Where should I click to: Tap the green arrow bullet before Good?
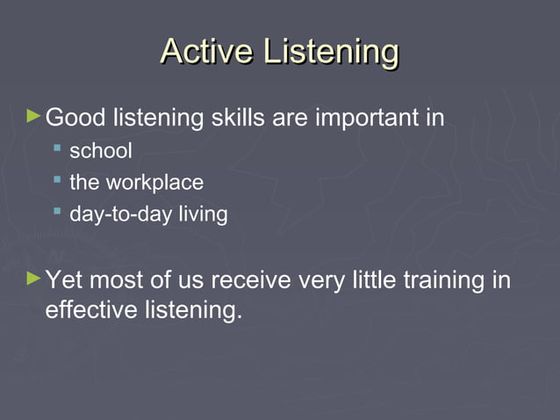[34, 115]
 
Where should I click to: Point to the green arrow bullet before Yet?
[34, 279]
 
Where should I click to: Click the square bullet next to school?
[57, 150]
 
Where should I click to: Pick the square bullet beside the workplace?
[57, 182]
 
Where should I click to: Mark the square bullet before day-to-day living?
[57, 213]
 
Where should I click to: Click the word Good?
[74, 117]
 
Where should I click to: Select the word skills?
[238, 117]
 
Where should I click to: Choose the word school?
[101, 151]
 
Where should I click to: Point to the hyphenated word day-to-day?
[113, 214]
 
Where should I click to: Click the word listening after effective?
[191, 311]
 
